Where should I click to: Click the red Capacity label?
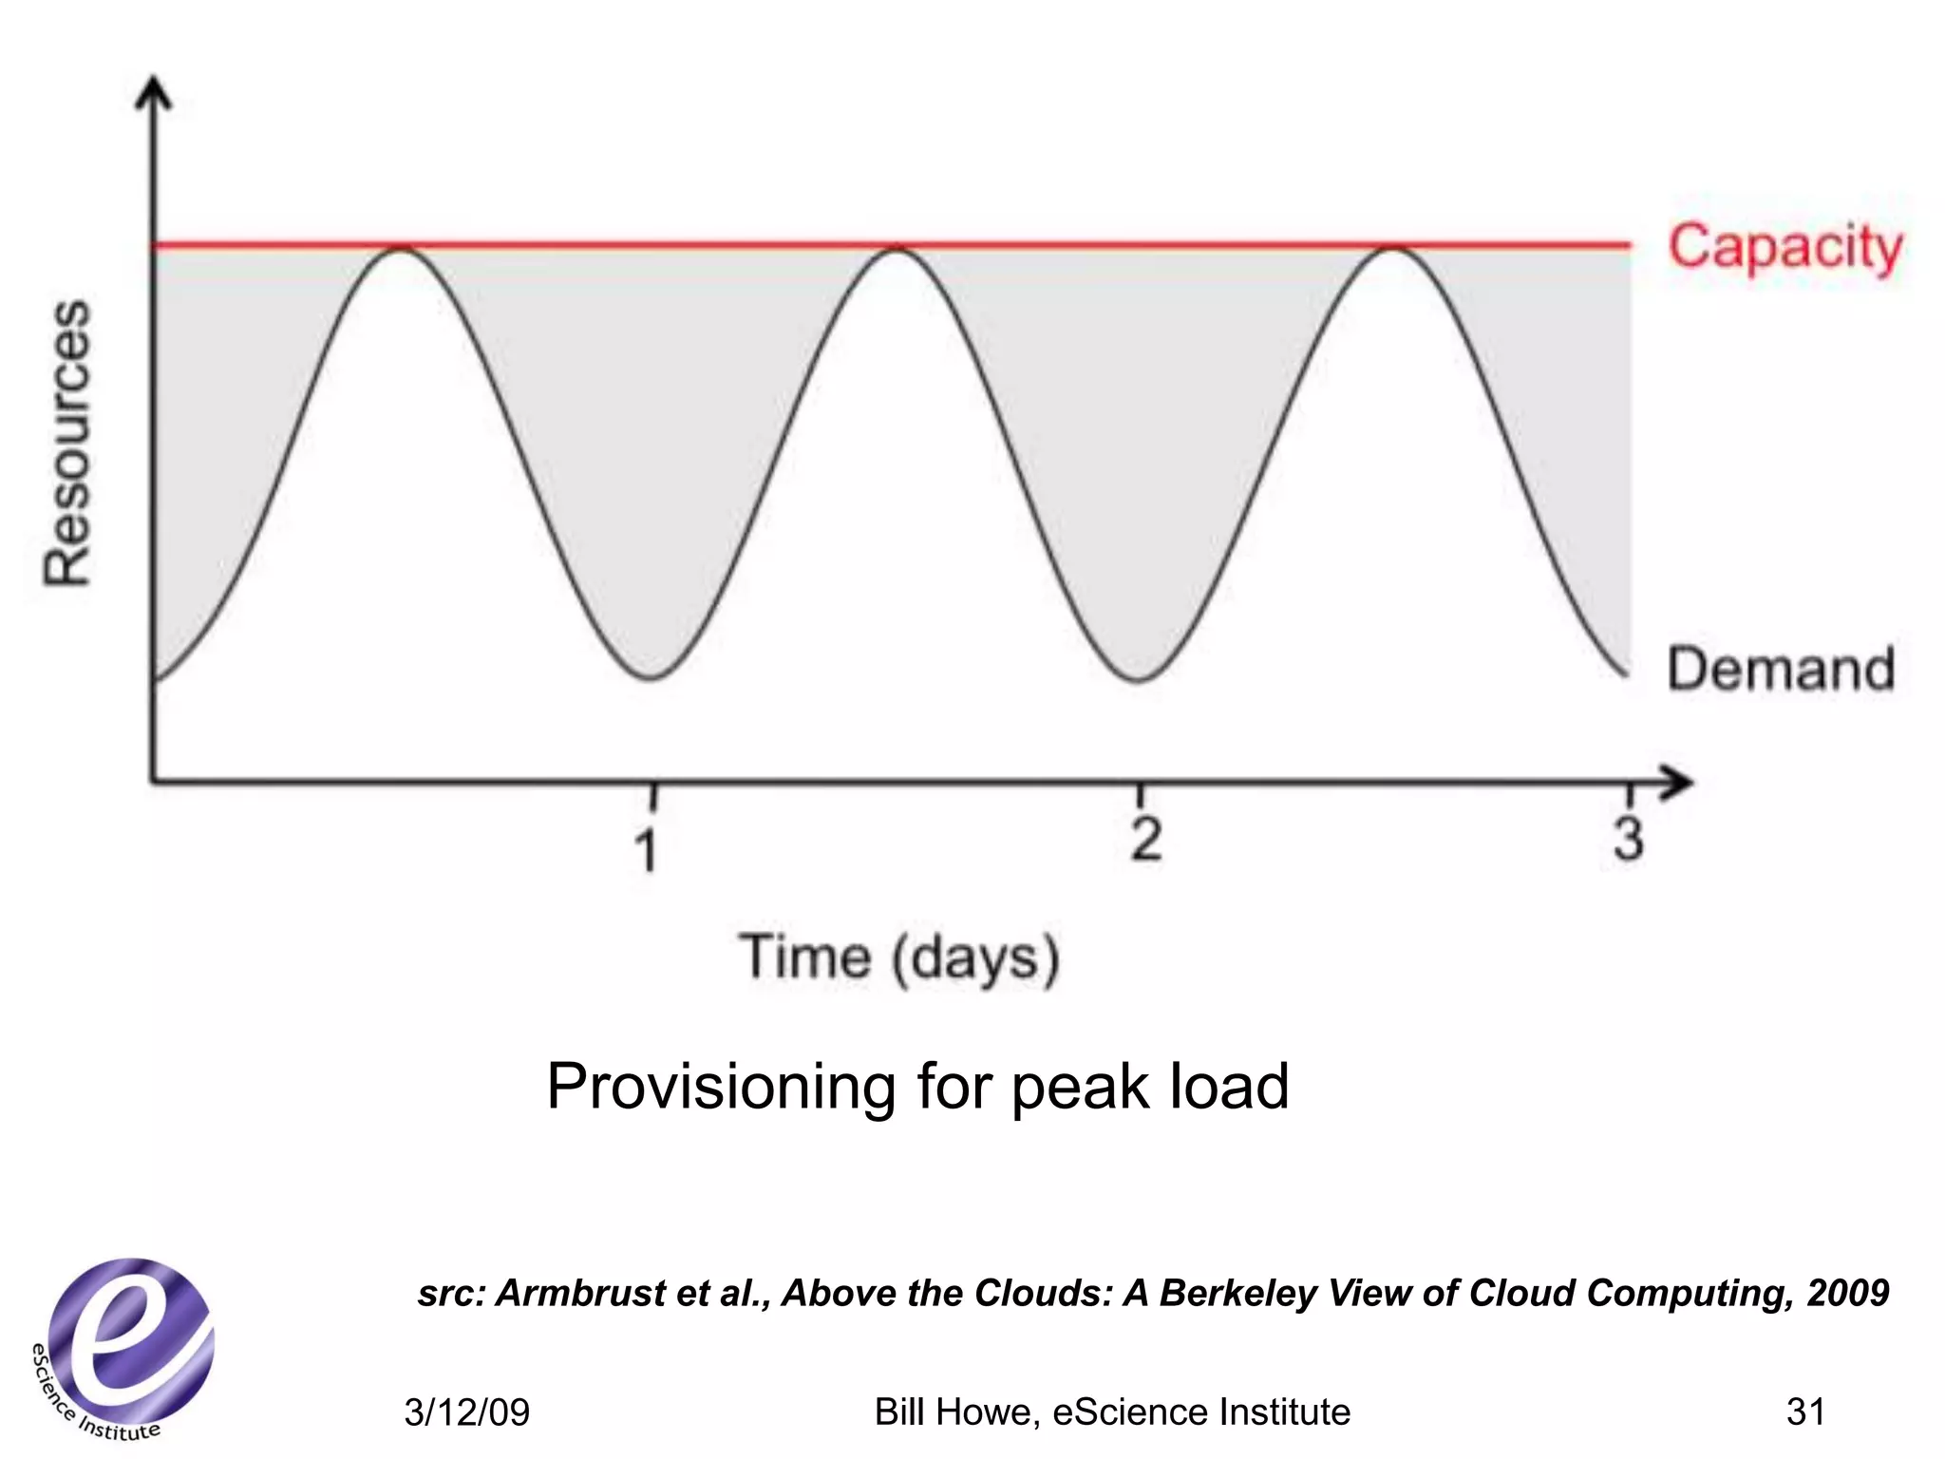tap(1784, 249)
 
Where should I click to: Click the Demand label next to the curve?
tap(1781, 670)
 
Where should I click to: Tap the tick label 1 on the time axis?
tap(647, 848)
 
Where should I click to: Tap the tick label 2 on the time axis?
tap(1145, 840)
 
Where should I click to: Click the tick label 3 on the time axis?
tap(1628, 840)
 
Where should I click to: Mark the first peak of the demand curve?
tap(403, 249)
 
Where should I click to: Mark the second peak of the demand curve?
tap(896, 249)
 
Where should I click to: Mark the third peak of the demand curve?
tap(1392, 249)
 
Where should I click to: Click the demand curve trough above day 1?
tap(651, 678)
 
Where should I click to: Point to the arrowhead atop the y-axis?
tap(155, 92)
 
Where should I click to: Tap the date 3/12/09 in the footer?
tap(466, 1412)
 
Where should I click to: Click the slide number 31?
tap(1804, 1412)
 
